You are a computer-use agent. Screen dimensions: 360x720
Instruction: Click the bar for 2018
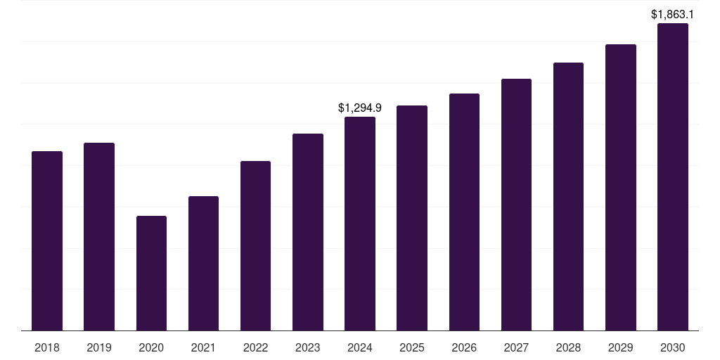[x=47, y=240]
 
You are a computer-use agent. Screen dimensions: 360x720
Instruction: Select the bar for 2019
[x=99, y=236]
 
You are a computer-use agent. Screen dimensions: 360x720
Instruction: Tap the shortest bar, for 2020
[x=151, y=273]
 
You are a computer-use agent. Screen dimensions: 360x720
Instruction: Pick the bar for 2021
[x=203, y=263]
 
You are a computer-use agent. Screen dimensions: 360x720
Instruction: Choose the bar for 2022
[x=255, y=245]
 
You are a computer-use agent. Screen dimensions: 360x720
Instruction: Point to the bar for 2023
[x=308, y=232]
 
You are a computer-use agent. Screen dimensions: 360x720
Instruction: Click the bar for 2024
[x=360, y=224]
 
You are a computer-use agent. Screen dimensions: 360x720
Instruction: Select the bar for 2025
[x=412, y=218]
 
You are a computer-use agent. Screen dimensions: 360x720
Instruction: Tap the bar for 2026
[x=464, y=212]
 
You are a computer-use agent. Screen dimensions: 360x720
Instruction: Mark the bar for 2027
[x=516, y=205]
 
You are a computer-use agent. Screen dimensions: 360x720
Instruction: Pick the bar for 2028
[x=568, y=196]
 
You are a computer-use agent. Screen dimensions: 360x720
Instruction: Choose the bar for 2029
[x=620, y=187]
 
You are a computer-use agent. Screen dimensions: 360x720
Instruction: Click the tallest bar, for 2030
[x=672, y=176]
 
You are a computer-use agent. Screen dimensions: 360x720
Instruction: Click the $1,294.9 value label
[x=360, y=108]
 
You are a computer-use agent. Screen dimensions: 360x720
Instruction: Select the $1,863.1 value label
[x=672, y=14]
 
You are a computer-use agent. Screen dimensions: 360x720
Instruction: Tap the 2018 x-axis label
[x=47, y=347]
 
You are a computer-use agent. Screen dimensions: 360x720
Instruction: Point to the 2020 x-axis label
[x=151, y=347]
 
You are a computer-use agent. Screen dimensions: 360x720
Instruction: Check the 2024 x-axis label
[x=360, y=347]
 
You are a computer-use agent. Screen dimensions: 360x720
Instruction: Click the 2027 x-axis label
[x=516, y=347]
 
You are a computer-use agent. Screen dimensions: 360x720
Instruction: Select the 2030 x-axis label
[x=672, y=347]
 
